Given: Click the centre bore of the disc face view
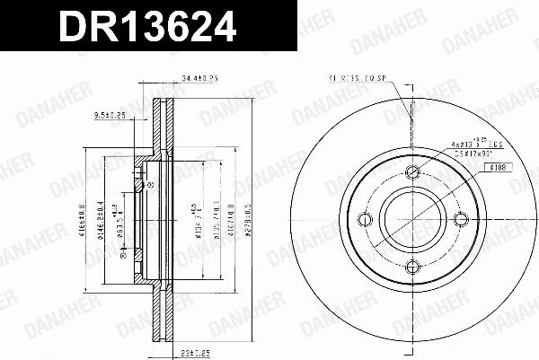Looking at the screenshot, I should coord(412,218).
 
